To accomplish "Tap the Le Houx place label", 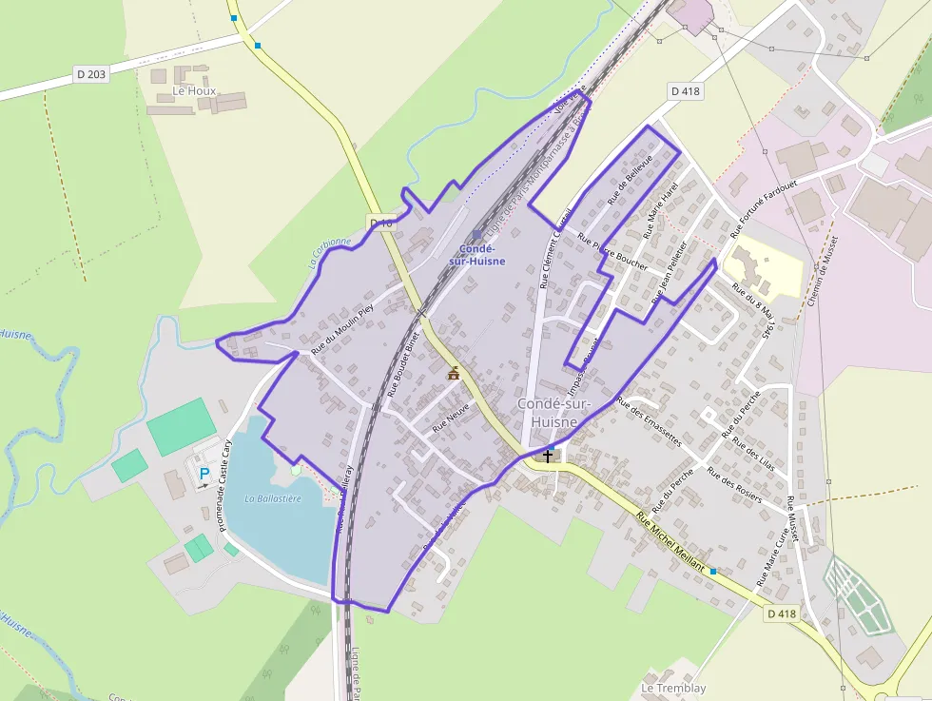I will pyautogui.click(x=194, y=91).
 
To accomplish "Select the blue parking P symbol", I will pyautogui.click(x=204, y=473).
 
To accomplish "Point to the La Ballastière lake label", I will pyautogui.click(x=273, y=498).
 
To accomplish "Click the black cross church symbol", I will pyautogui.click(x=548, y=456).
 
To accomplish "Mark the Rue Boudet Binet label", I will pyautogui.click(x=403, y=364).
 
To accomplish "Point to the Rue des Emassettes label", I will pyautogui.click(x=650, y=421).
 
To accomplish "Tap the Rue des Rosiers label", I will pyautogui.click(x=734, y=486).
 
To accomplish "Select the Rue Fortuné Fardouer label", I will pyautogui.click(x=763, y=204).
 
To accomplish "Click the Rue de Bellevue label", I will pyautogui.click(x=629, y=179).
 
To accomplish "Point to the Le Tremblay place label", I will pyautogui.click(x=673, y=688).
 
